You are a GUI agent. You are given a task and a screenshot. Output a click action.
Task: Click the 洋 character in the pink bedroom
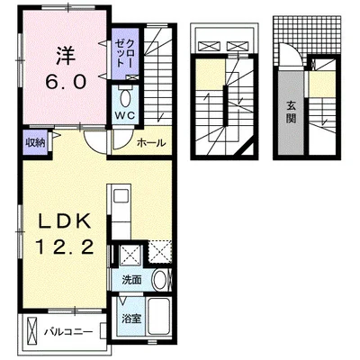click(65, 56)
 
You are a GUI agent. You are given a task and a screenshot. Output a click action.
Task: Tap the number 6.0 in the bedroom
click(66, 82)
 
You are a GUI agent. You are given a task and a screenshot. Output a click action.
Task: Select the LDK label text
click(65, 221)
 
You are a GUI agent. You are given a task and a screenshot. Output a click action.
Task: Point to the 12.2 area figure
click(65, 247)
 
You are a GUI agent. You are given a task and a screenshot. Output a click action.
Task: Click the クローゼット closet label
click(125, 53)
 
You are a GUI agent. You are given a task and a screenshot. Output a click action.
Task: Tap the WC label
click(125, 115)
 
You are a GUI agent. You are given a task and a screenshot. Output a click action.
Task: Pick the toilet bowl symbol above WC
click(125, 97)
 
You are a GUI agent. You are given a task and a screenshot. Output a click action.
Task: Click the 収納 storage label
click(35, 142)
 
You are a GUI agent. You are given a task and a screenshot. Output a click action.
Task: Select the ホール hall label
click(151, 143)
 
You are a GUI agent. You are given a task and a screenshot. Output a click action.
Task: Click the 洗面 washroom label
click(131, 280)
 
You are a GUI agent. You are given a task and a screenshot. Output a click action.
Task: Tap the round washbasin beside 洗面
click(161, 280)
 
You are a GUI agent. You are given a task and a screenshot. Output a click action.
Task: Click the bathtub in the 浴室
click(159, 317)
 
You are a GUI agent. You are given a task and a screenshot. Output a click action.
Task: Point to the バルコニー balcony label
click(68, 332)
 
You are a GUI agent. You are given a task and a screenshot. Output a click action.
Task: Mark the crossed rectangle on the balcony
click(31, 330)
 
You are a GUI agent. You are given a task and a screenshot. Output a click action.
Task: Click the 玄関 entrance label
click(291, 112)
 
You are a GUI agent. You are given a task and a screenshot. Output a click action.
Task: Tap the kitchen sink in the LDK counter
click(121, 197)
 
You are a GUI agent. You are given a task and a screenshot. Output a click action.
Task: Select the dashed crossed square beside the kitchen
click(160, 251)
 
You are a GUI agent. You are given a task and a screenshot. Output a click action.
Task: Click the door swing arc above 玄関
click(294, 52)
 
